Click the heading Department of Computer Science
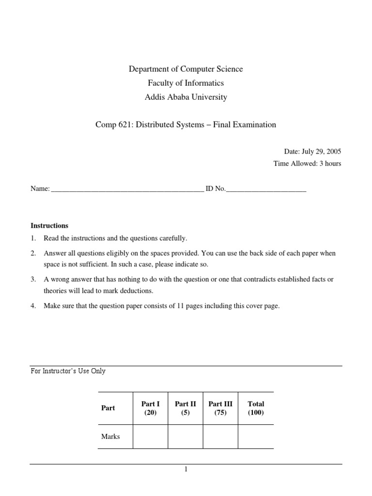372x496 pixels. (x=186, y=69)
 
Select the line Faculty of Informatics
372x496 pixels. (x=186, y=83)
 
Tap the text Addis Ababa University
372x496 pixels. (x=186, y=97)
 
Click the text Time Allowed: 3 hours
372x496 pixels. (x=307, y=164)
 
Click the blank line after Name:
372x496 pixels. (x=127, y=190)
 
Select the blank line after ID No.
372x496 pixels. (x=266, y=190)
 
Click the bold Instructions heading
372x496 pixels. (x=49, y=226)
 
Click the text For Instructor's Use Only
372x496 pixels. (x=68, y=372)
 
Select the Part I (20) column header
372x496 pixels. (x=150, y=408)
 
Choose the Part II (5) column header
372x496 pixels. (x=185, y=408)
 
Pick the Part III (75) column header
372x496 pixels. (x=220, y=408)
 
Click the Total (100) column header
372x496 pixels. (x=256, y=408)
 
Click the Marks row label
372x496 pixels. (x=110, y=436)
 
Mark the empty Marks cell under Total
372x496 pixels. (x=256, y=436)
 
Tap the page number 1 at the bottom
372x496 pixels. (x=186, y=469)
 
